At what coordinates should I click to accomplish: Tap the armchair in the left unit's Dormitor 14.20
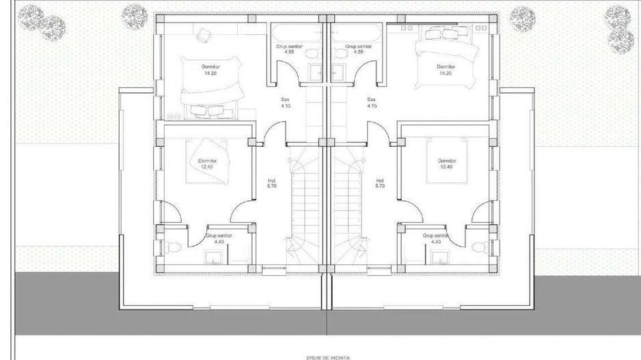202,35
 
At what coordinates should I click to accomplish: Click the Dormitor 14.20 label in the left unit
210,70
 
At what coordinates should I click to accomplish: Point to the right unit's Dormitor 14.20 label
446,70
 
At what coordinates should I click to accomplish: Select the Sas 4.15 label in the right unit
372,102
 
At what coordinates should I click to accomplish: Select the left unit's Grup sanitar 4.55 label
290,49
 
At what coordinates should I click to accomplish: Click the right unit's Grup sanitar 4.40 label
435,238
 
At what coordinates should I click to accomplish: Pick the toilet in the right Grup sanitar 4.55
338,53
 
